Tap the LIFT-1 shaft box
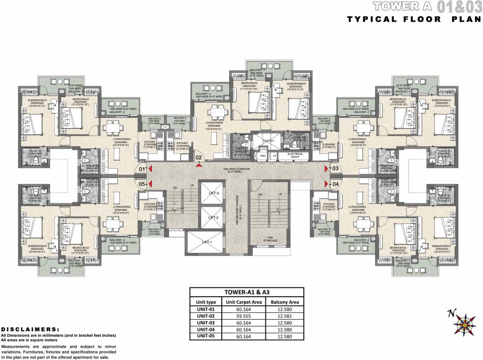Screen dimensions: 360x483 coord(205,242)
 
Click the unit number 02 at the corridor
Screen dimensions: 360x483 coord(199,157)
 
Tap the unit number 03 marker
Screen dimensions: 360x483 coord(335,168)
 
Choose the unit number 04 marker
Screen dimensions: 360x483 coord(335,184)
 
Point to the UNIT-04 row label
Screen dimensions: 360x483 coord(206,329)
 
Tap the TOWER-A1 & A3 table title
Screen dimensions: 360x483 coord(247,292)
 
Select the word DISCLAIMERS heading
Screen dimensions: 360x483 coord(30,330)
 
